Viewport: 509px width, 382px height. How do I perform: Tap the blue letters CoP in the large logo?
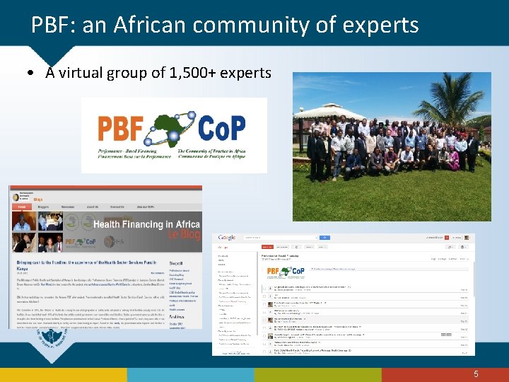click(x=220, y=129)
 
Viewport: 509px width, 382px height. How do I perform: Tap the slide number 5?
click(x=476, y=374)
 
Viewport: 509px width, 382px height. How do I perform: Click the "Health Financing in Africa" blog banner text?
click(x=147, y=224)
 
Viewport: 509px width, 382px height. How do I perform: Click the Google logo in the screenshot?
click(x=227, y=238)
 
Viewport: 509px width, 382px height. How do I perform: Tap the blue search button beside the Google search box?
click(x=324, y=238)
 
